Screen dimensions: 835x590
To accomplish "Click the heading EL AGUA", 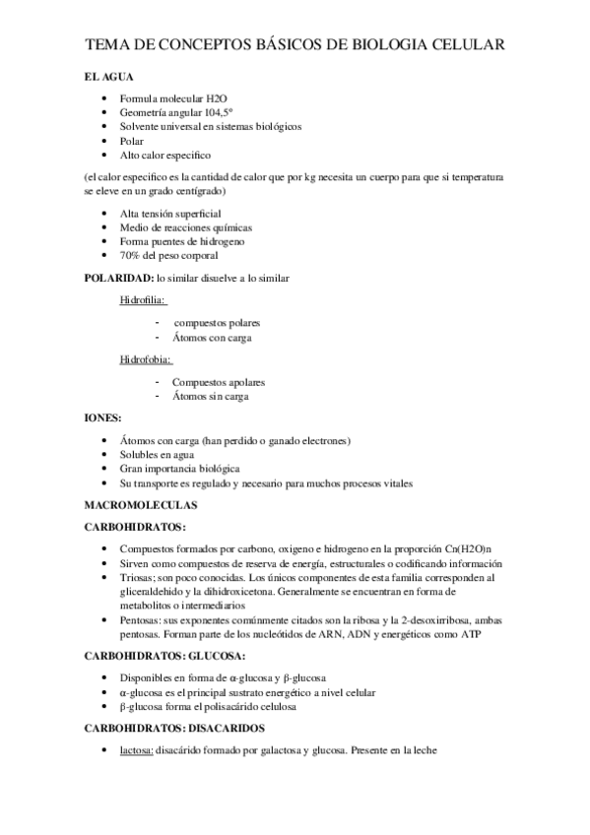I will tap(110, 76).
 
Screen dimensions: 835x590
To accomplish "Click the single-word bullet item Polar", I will tap(132, 141).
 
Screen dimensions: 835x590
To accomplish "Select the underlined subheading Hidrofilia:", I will tap(143, 300).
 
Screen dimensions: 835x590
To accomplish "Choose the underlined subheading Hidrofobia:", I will tap(145, 360).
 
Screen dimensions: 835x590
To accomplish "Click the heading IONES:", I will tap(102, 417).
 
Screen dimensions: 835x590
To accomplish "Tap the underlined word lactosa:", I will tap(135, 750).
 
